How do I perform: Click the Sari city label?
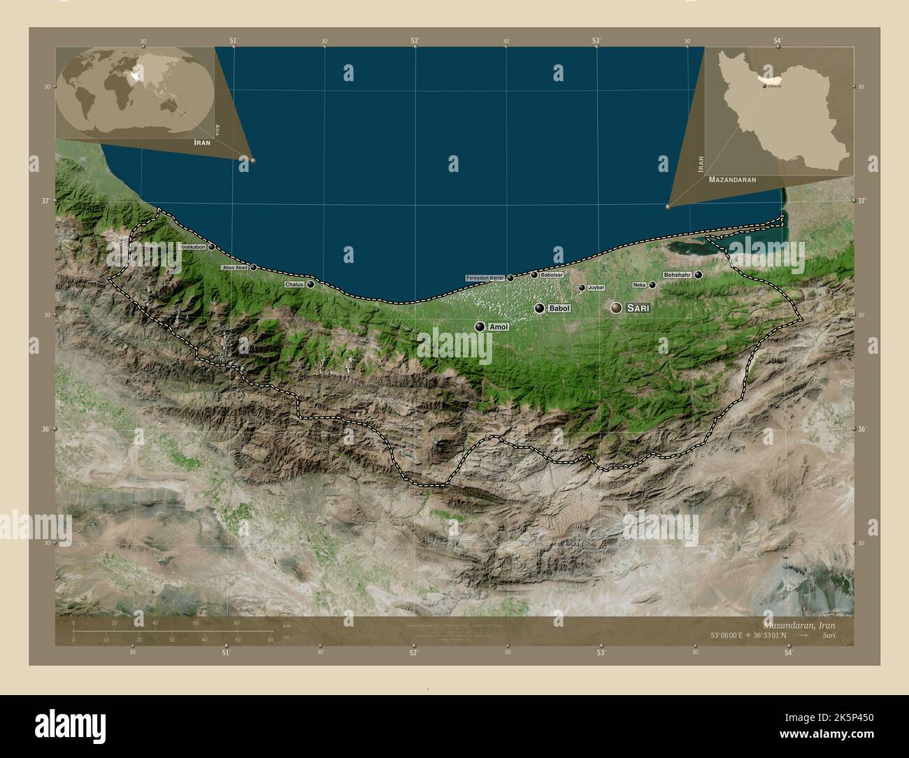tap(638, 308)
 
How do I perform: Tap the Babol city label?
tap(559, 308)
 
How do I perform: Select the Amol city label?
tap(499, 327)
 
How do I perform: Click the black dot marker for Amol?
tap(480, 327)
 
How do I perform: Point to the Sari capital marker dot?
tap(616, 308)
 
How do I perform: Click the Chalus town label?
tap(294, 285)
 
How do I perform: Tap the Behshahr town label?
tap(677, 275)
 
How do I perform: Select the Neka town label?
tap(639, 285)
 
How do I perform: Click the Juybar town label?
tap(596, 287)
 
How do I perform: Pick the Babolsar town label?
tap(551, 275)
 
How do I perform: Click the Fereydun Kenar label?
tap(485, 278)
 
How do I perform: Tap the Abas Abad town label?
tap(235, 268)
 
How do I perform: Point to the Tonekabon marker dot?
tap(211, 247)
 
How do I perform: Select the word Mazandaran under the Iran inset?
tap(732, 180)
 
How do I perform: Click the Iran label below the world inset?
tap(202, 142)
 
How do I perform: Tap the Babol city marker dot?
tap(539, 308)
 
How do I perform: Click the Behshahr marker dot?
tap(698, 275)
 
